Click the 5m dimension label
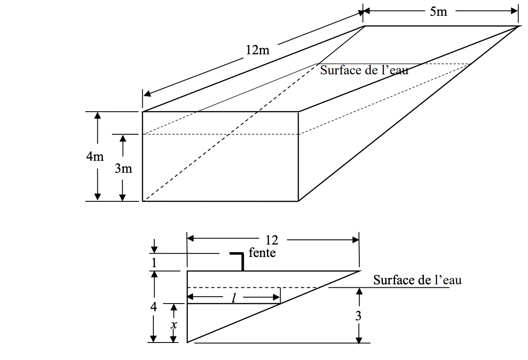coord(438,12)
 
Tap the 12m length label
coord(257,50)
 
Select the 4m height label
coord(95,156)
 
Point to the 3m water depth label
coord(123,168)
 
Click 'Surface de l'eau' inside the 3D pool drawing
coord(364,70)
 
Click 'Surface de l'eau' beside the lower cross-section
coord(417,280)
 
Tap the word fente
coord(262,253)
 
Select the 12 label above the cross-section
coord(272,240)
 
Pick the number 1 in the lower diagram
coord(154,262)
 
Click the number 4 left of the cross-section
coord(153,307)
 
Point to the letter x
coord(174,325)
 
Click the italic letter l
coord(234,298)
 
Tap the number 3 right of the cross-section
coord(358,316)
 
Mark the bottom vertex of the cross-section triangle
coord(188,342)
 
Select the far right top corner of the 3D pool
coord(519,26)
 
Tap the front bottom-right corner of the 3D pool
coord(298,201)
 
